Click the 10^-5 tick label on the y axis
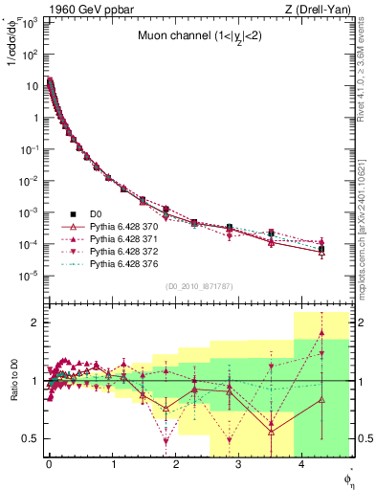click(x=31, y=276)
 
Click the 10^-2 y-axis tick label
click(x=31, y=180)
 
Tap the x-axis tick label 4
click(x=302, y=465)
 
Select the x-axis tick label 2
click(x=175, y=465)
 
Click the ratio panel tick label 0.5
click(x=33, y=438)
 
